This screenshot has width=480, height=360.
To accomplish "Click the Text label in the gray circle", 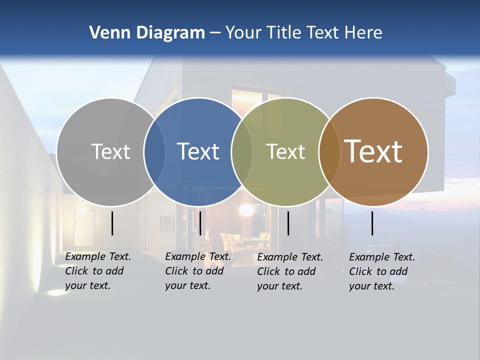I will (x=110, y=151).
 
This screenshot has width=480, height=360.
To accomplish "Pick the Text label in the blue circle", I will (x=198, y=151).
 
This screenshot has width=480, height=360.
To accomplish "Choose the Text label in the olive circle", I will (x=285, y=151).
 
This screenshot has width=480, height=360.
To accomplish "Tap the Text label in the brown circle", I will (x=373, y=151).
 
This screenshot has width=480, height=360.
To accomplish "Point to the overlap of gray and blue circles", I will (x=154, y=151).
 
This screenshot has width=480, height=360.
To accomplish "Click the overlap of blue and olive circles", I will (x=242, y=151).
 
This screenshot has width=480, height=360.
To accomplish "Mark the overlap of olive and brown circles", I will (x=329, y=151).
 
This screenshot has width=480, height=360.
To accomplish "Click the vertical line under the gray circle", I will (x=112, y=223).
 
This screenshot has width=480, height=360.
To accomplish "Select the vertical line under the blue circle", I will (x=200, y=223).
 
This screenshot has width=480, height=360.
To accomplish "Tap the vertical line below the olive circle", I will (x=288, y=223).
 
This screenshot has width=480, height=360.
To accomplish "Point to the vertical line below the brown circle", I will (x=372, y=223).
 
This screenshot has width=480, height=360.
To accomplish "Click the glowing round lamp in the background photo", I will (x=246, y=209).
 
